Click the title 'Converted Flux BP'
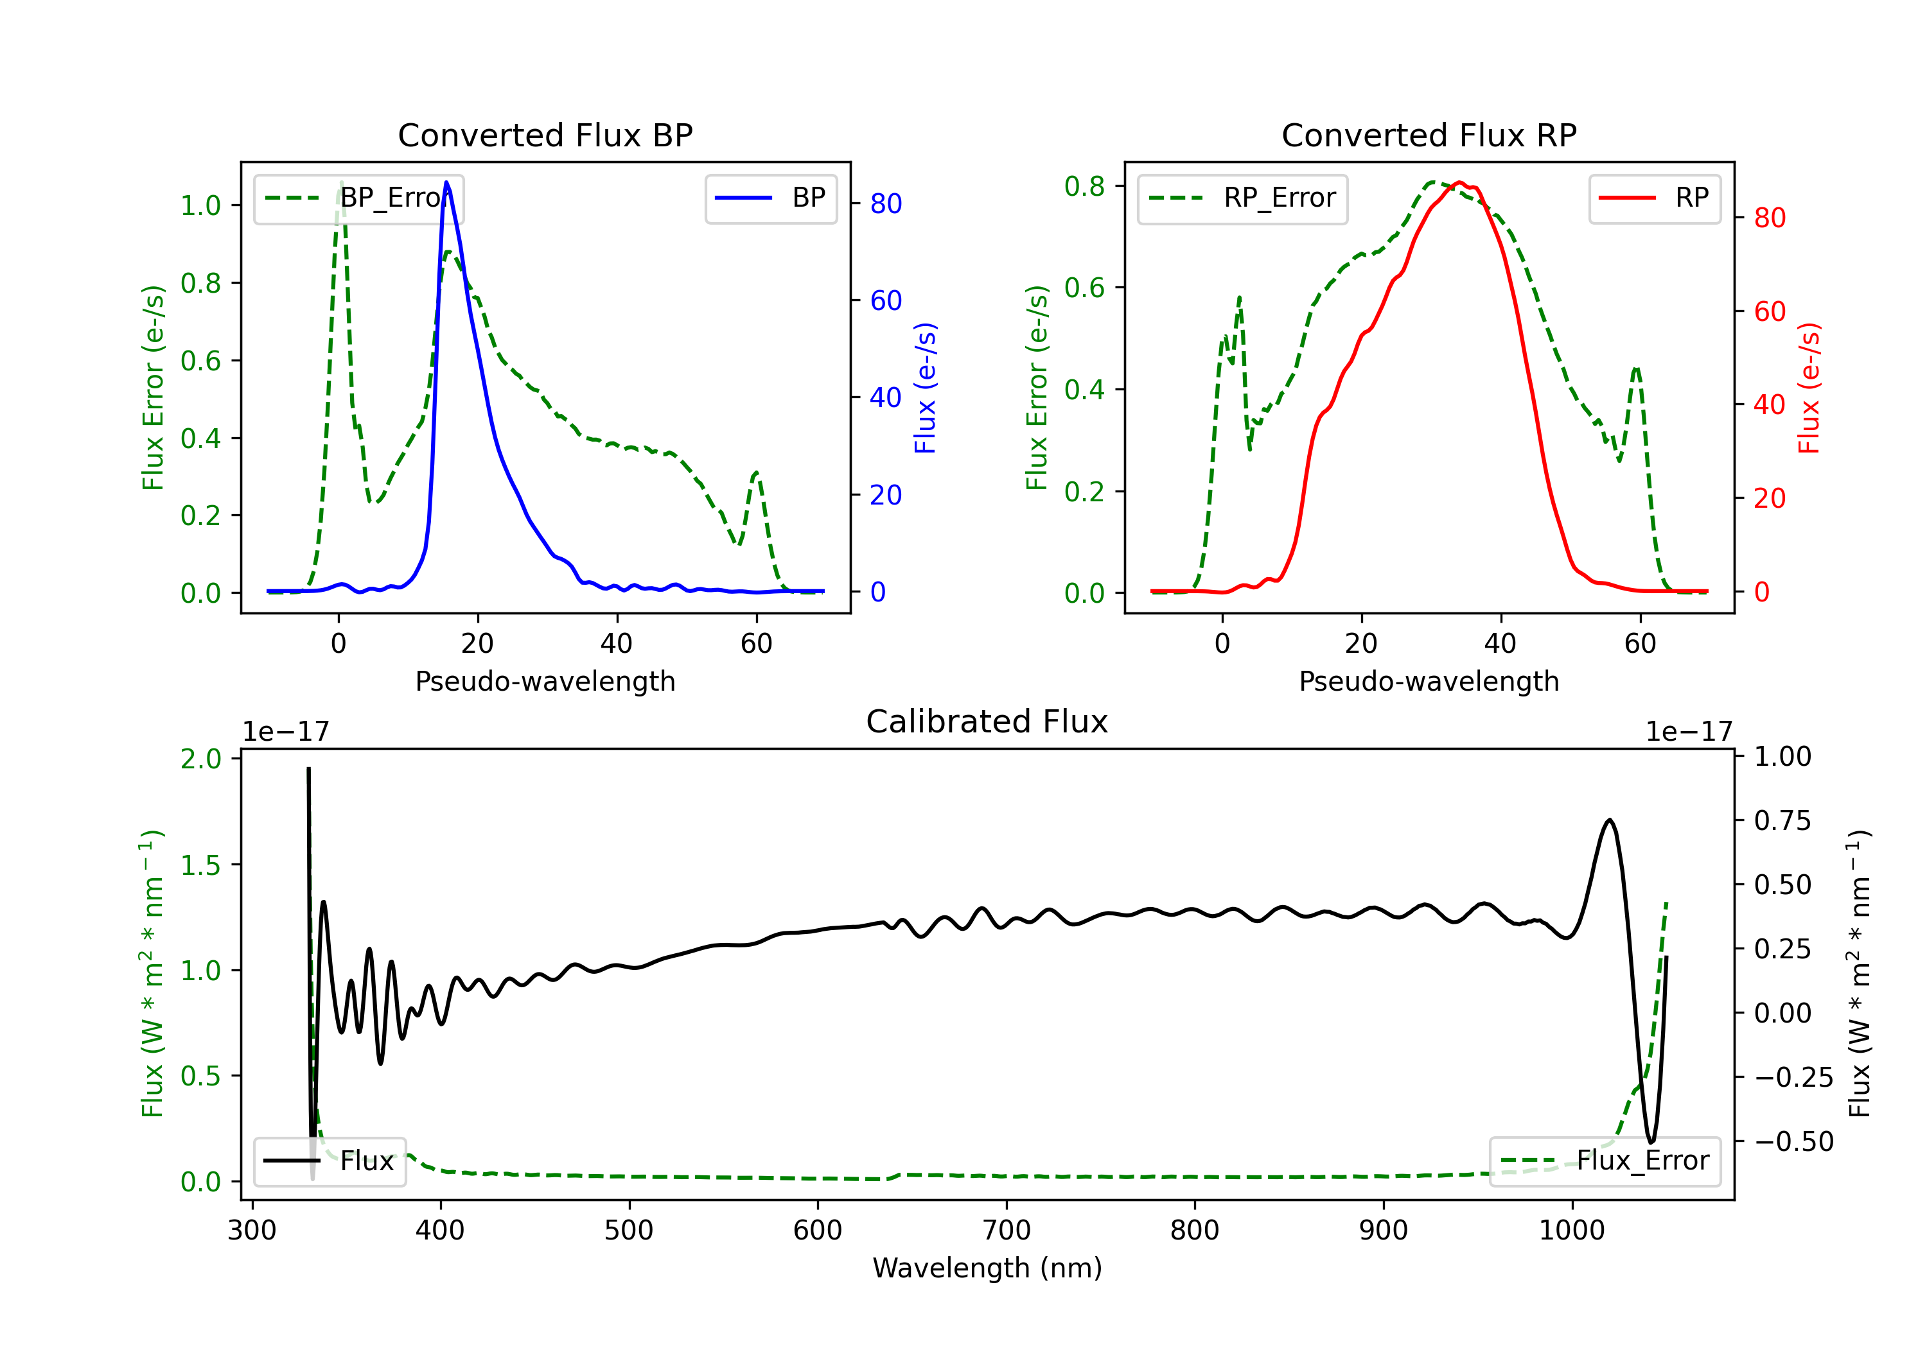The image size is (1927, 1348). click(x=545, y=135)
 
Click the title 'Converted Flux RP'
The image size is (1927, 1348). click(x=1429, y=135)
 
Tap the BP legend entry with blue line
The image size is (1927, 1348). click(x=770, y=198)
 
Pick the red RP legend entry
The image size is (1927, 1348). click(x=1653, y=198)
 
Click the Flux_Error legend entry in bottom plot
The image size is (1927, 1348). click(x=1604, y=1161)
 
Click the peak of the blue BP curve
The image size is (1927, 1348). click(x=446, y=182)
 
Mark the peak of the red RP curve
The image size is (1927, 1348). click(x=1459, y=182)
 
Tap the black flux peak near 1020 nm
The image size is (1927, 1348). click(x=1609, y=820)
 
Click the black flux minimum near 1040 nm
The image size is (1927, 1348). click(x=1651, y=1142)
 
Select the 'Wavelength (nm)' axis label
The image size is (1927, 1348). click(x=987, y=1268)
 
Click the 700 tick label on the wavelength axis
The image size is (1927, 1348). click(x=1007, y=1230)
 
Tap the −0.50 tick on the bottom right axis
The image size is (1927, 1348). click(x=1793, y=1142)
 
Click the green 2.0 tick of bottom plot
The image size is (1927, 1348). click(x=200, y=759)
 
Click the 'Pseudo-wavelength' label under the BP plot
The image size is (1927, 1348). click(x=545, y=681)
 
